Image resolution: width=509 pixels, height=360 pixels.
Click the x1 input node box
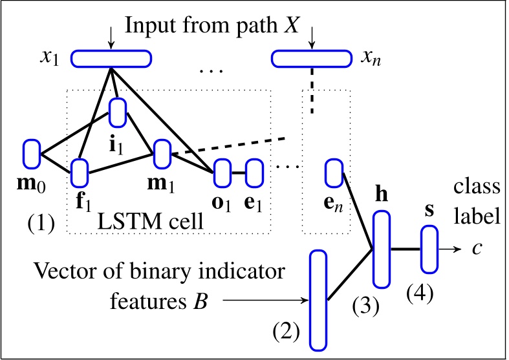point(111,59)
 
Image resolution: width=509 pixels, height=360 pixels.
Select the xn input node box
point(312,59)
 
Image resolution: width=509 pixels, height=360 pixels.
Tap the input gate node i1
point(117,112)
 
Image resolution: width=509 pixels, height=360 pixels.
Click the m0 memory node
point(31,153)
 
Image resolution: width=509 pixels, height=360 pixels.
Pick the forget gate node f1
point(79,173)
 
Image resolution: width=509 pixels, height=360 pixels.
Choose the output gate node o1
point(222,173)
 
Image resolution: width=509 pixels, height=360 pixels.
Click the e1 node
point(254,173)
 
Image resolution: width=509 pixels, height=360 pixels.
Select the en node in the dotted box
point(334,173)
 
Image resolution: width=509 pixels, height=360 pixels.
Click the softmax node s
point(430,249)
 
